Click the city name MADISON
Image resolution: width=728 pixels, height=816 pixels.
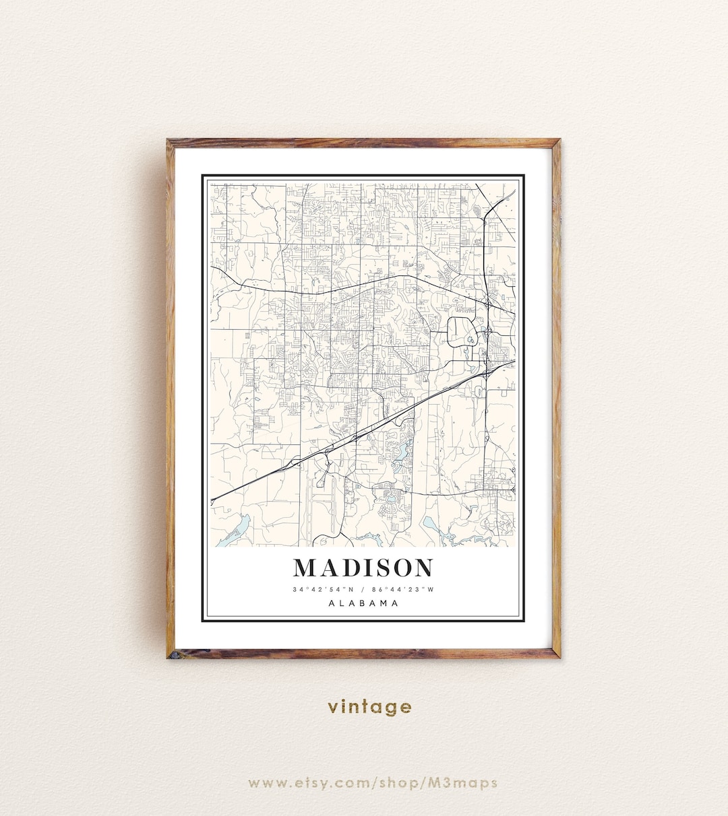(x=363, y=568)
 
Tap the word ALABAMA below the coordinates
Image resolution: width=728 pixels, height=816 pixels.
(x=363, y=603)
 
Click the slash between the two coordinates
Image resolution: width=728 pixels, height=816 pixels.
(x=363, y=590)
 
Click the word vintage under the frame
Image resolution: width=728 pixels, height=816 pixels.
(x=369, y=706)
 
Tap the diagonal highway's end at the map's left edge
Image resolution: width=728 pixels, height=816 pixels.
(x=212, y=500)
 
